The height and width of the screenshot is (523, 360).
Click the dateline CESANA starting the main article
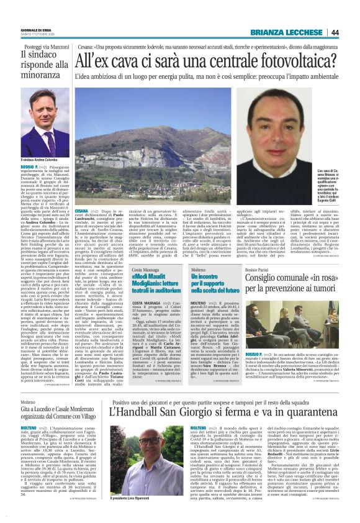point(81,211)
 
